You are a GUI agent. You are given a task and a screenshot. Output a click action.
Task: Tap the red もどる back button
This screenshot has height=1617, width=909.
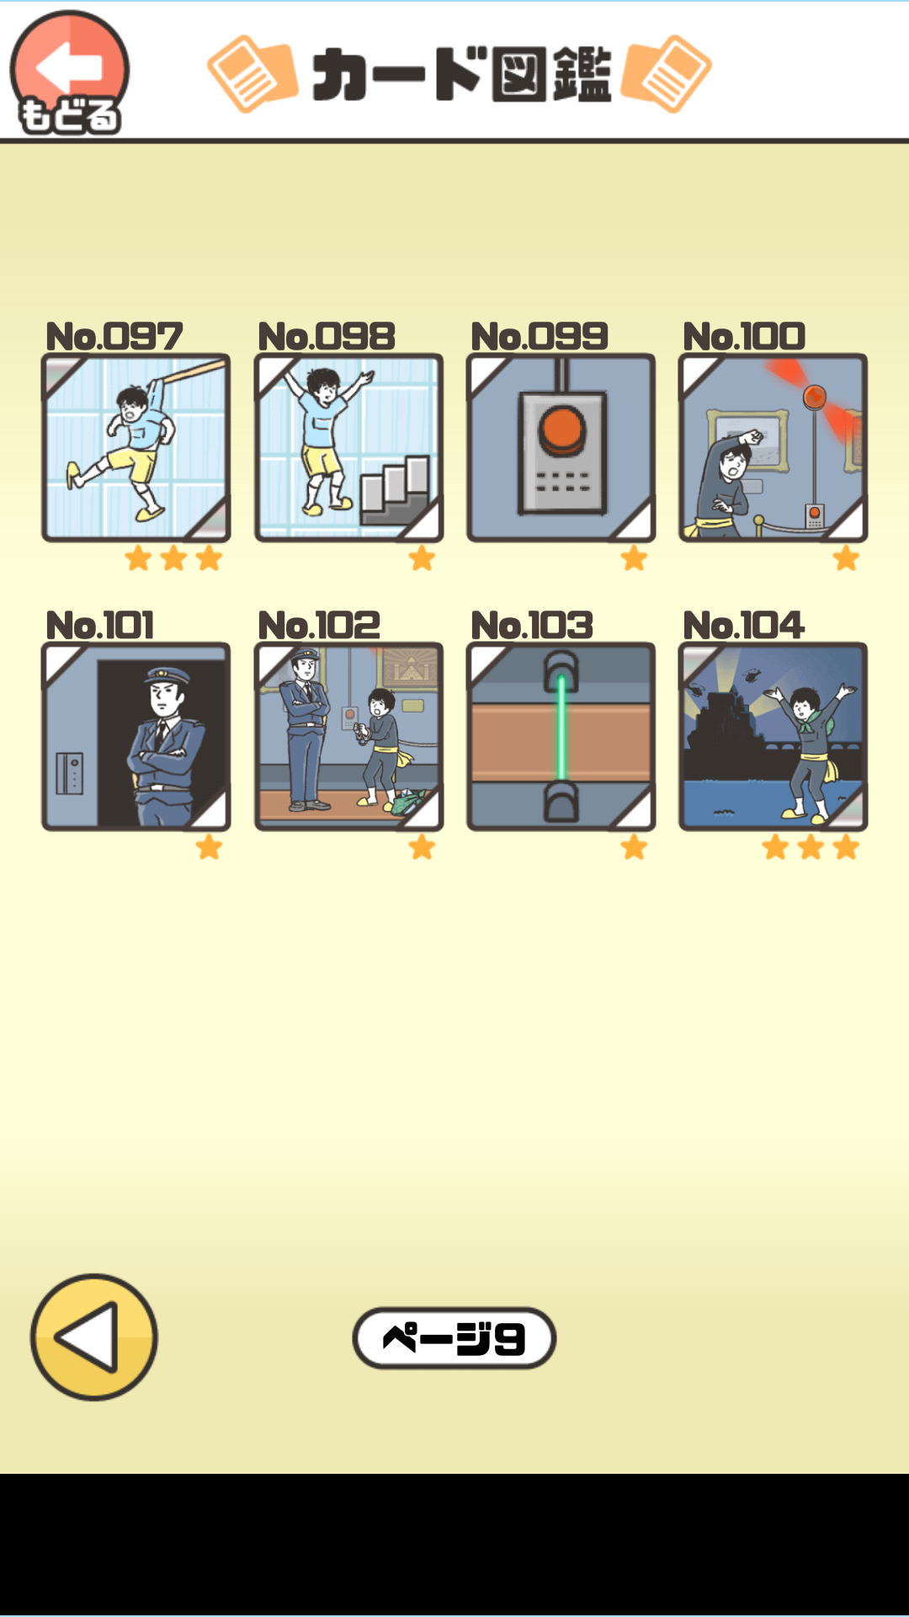coord(69,72)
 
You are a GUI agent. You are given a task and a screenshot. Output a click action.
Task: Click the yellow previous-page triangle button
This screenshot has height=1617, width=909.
coord(94,1337)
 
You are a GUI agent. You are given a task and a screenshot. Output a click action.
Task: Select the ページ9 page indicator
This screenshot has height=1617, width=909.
coord(454,1337)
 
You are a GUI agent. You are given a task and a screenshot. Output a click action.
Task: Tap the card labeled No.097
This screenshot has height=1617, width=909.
coord(136,447)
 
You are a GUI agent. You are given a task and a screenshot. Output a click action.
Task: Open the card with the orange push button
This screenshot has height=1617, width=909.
coord(561,447)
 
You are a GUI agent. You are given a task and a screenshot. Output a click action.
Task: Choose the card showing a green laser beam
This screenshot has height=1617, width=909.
coord(561,736)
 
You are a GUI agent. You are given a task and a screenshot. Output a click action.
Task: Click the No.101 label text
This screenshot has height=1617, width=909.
coord(100,626)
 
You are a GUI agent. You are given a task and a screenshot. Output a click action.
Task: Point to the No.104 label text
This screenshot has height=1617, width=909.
coord(744,626)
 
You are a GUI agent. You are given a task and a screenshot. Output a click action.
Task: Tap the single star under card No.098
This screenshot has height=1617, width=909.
coord(422,558)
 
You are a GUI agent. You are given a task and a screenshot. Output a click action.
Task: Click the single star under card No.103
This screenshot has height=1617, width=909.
coord(634,847)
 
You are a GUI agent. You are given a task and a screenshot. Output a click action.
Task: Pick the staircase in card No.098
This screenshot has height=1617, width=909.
coord(396,488)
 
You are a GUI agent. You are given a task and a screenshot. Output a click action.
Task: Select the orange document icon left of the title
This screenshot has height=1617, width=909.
coord(252,74)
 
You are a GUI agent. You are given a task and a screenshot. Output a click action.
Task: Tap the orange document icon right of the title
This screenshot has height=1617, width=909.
coord(667,74)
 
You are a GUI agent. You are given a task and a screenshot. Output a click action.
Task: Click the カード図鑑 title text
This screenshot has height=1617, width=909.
coord(461,74)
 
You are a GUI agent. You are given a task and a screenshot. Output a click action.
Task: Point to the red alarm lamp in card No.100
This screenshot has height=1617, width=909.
coord(815,396)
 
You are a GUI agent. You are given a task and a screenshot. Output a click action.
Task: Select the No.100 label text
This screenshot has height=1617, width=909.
coord(744,337)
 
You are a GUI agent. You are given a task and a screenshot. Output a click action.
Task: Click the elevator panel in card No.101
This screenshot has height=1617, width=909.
coord(69,773)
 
